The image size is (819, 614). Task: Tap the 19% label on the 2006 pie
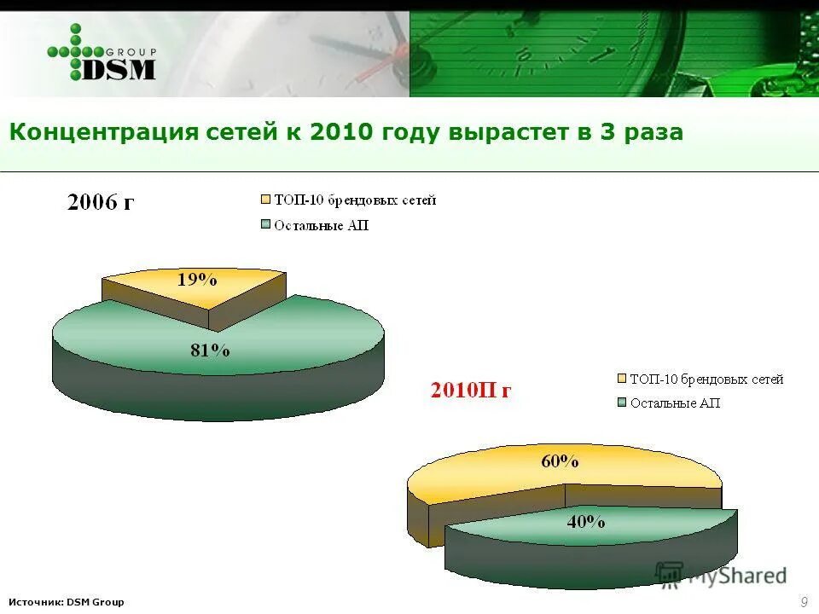197,279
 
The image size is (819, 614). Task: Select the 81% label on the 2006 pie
210,350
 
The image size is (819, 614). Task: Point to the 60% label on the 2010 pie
560,462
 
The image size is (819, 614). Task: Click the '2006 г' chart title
101,203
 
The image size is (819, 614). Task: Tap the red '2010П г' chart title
471,391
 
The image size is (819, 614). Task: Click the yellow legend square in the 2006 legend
265,200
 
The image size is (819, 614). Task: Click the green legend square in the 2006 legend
265,226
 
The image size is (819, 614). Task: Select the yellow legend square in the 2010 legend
621,379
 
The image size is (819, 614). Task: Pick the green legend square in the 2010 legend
621,403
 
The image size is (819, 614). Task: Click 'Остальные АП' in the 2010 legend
675,403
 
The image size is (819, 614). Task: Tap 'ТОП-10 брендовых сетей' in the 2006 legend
355,200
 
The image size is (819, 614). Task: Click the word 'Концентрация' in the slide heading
105,133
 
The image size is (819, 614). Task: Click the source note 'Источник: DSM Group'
67,602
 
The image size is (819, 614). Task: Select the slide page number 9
804,602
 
